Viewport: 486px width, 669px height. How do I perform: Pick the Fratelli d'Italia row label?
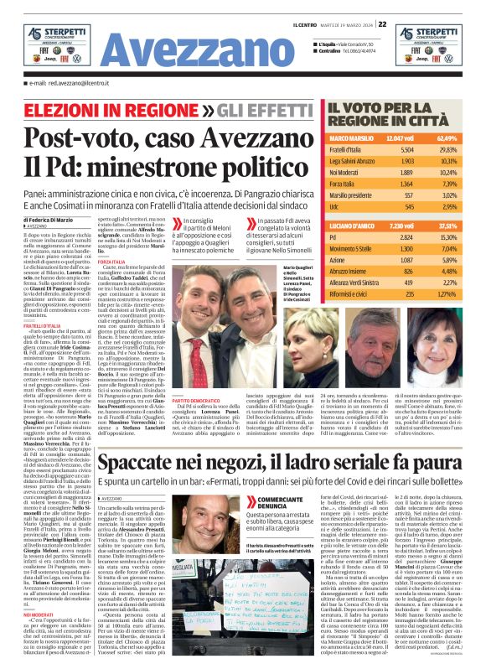[x=351, y=148]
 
